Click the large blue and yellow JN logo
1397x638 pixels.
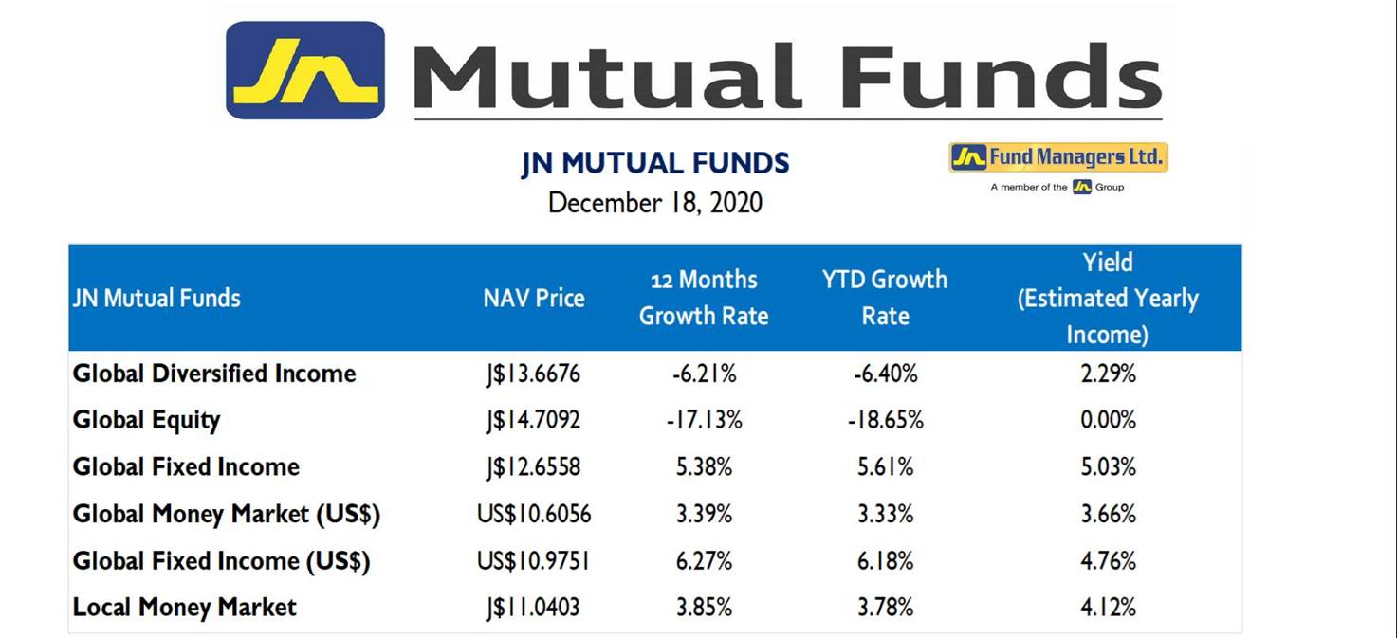(305, 70)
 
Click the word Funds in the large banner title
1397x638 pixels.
(1000, 76)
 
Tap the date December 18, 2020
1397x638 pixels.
(654, 203)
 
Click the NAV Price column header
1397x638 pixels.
(534, 298)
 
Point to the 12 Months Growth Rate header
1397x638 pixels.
(704, 298)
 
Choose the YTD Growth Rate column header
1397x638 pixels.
(885, 298)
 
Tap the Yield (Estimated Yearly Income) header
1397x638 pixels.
(1108, 298)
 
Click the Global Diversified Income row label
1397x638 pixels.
(214, 374)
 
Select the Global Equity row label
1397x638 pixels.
(147, 420)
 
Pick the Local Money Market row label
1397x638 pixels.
(185, 608)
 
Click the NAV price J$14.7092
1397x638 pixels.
(533, 420)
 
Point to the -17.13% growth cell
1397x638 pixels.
(704, 420)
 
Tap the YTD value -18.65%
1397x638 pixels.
(886, 420)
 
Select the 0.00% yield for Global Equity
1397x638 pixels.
(1109, 420)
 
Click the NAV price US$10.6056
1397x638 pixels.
(534, 514)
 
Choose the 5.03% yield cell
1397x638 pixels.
(1109, 466)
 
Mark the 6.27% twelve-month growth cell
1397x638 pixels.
(704, 560)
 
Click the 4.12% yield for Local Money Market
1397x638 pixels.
(1109, 607)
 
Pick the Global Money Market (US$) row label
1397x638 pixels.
(227, 515)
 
